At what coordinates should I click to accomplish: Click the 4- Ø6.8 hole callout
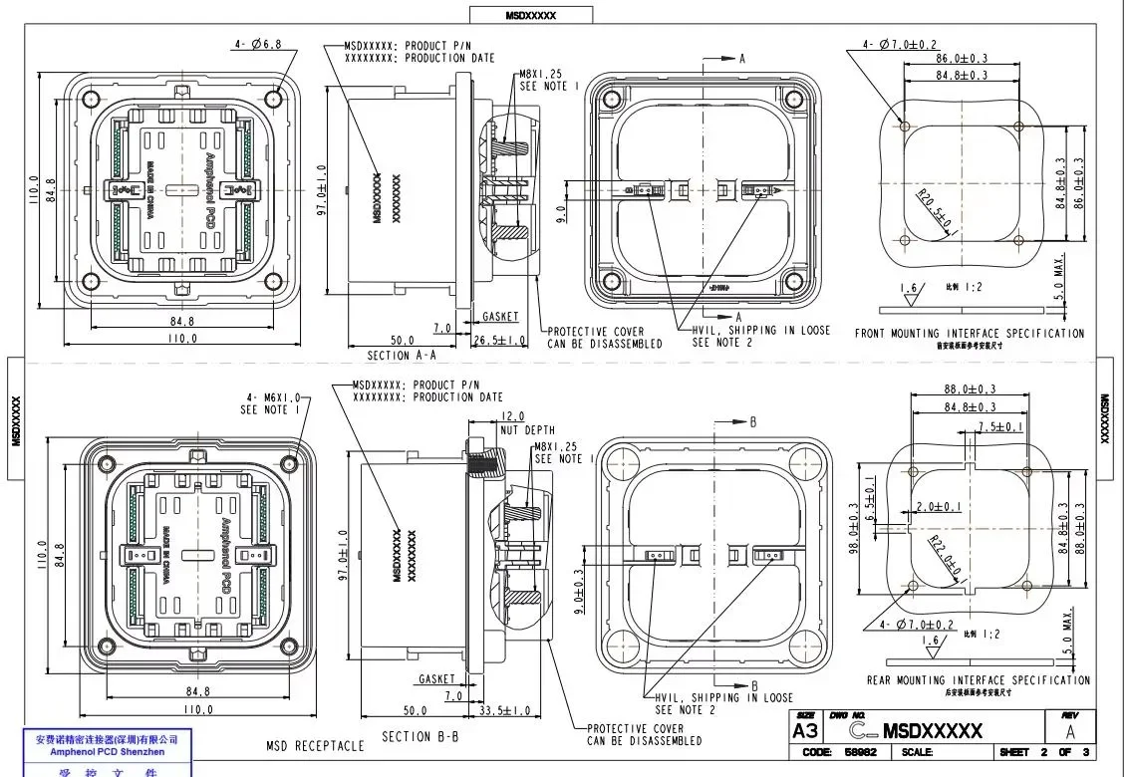(x=258, y=44)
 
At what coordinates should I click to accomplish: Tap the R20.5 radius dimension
(x=935, y=209)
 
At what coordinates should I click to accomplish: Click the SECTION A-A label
(x=401, y=355)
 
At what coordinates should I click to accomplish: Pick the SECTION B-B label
(x=422, y=737)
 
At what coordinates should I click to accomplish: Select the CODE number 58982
(x=860, y=753)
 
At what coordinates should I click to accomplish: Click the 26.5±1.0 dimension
(x=501, y=340)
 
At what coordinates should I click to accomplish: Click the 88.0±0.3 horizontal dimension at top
(x=972, y=389)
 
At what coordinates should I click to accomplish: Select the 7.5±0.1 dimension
(x=1000, y=426)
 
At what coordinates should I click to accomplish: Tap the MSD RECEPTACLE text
(x=315, y=745)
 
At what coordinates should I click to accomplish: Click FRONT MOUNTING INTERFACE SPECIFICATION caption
(x=969, y=334)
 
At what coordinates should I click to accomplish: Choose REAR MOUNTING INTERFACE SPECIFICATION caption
(x=978, y=680)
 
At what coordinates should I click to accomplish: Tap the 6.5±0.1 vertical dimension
(x=869, y=499)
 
